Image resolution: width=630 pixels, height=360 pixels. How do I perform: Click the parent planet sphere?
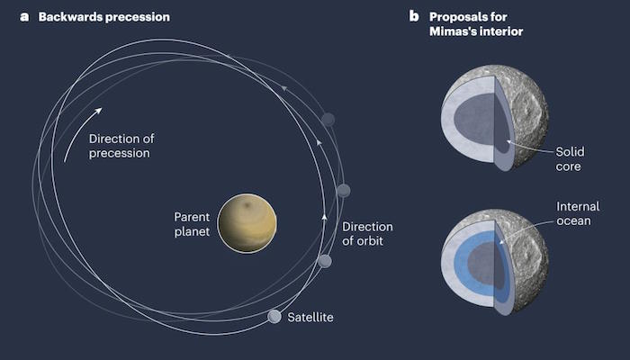(x=247, y=223)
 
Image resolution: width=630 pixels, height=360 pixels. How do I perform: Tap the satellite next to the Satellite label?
(x=274, y=317)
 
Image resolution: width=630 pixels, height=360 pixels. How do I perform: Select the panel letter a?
(x=24, y=17)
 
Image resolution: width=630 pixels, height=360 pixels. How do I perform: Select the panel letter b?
(x=414, y=16)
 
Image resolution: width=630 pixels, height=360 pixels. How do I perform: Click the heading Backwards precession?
(x=104, y=17)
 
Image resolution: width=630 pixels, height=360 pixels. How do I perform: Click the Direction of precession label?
(x=121, y=146)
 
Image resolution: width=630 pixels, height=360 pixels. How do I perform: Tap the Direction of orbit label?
(x=367, y=233)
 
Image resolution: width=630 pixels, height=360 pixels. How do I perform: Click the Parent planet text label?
(x=192, y=224)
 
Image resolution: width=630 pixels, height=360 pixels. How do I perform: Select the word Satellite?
(x=310, y=317)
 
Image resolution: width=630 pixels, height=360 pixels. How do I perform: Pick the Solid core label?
(x=570, y=158)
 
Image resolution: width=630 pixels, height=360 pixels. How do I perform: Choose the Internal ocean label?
(x=578, y=213)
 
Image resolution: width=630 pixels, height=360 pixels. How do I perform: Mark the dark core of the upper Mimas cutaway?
(x=476, y=120)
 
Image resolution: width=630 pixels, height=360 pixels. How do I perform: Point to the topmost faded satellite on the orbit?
(x=328, y=120)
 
